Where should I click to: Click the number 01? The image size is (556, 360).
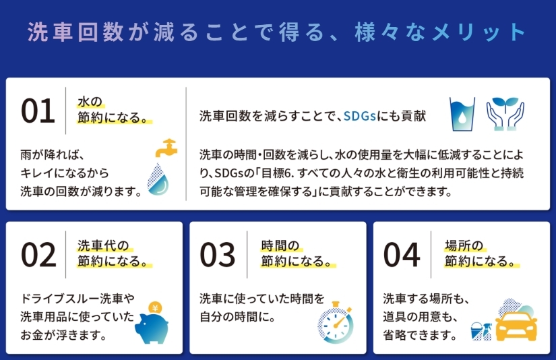point(38,111)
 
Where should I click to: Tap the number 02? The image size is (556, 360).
point(38,255)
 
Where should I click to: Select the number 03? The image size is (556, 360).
point(218,255)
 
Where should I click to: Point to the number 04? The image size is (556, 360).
point(402,255)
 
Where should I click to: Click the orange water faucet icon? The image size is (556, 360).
point(166,148)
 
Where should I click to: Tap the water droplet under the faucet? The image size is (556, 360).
point(158,179)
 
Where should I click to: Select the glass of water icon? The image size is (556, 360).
point(462,114)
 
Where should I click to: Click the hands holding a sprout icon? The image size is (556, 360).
point(505,114)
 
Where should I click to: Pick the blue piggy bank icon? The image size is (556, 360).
point(152,328)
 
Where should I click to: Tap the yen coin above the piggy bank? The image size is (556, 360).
point(154,308)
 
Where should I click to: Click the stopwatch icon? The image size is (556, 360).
point(336,323)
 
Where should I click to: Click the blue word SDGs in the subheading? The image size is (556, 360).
point(360,116)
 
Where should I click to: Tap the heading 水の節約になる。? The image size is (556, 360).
point(113,110)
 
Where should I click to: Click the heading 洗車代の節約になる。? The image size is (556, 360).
point(113,253)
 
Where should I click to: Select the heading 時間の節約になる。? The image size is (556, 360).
point(297,253)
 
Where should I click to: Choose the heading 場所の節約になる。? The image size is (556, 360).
point(481,253)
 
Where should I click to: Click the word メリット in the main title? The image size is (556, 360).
point(478,32)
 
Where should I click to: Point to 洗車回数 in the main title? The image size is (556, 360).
point(75,32)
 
